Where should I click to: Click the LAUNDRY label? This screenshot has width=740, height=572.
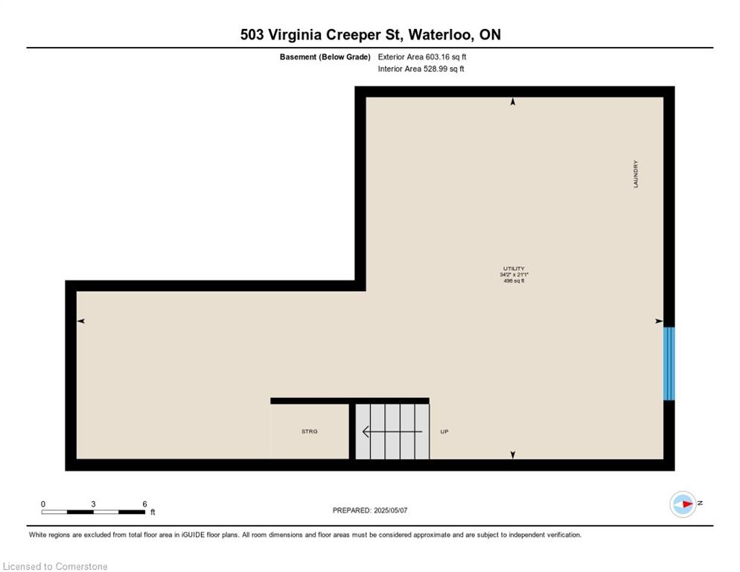tap(636, 174)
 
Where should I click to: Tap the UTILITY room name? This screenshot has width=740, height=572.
tap(514, 268)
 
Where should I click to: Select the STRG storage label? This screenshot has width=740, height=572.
tap(310, 431)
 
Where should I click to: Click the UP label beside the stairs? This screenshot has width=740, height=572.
tap(444, 431)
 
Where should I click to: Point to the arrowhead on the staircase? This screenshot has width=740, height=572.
tap(366, 431)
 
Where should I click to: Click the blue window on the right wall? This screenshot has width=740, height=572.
tap(669, 363)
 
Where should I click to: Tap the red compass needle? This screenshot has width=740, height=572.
tap(686, 504)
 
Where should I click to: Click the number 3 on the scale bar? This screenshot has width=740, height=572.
tap(94, 504)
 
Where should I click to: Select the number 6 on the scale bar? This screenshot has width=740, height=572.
tap(144, 504)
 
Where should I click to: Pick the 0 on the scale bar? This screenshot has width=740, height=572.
tap(43, 504)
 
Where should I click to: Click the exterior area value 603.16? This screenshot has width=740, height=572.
tap(438, 57)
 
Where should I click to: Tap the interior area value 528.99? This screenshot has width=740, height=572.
tap(435, 69)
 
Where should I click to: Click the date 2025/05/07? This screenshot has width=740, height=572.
tap(390, 510)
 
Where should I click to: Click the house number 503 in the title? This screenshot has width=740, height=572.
tap(252, 34)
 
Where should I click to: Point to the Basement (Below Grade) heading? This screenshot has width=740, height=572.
tap(325, 57)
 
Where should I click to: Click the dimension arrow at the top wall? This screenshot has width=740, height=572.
tap(513, 101)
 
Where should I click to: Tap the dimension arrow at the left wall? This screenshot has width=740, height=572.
tap(80, 321)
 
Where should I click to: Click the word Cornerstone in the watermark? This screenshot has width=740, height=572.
tap(81, 566)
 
